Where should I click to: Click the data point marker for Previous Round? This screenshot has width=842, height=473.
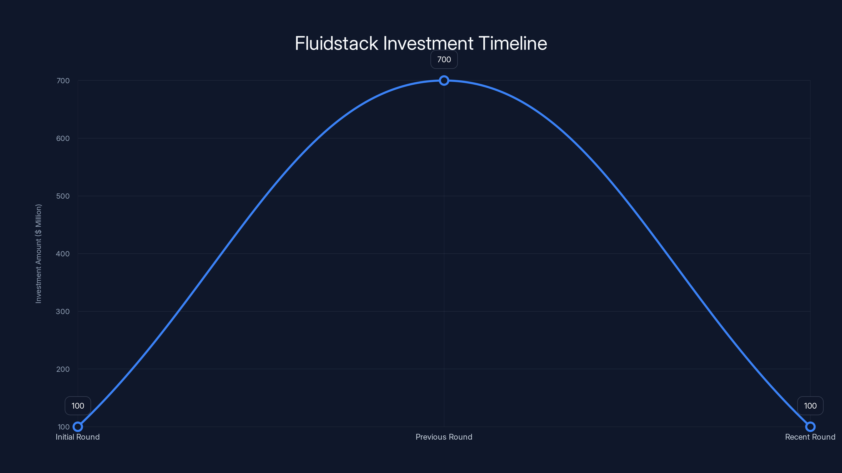coord(444,81)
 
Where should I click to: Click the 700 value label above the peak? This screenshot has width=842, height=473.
coord(444,60)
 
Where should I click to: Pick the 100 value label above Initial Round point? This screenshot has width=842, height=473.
coord(78,406)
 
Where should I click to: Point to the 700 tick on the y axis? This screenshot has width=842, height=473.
coord(63,81)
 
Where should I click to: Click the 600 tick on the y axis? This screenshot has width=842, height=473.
coord(63,138)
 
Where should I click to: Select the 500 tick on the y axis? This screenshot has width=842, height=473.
coord(63,196)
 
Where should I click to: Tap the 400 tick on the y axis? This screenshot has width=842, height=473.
coord(63,254)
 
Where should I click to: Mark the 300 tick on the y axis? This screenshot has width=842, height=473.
coord(63,311)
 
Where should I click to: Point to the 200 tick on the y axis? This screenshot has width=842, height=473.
coord(63,369)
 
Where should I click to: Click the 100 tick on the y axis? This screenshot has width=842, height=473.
coord(64,427)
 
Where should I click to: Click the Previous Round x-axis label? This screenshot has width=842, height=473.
coord(444,437)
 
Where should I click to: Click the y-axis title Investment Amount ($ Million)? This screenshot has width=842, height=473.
coord(39,254)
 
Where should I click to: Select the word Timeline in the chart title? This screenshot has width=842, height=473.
coord(513,43)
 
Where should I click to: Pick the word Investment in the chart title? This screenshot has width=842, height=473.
coord(428,43)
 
